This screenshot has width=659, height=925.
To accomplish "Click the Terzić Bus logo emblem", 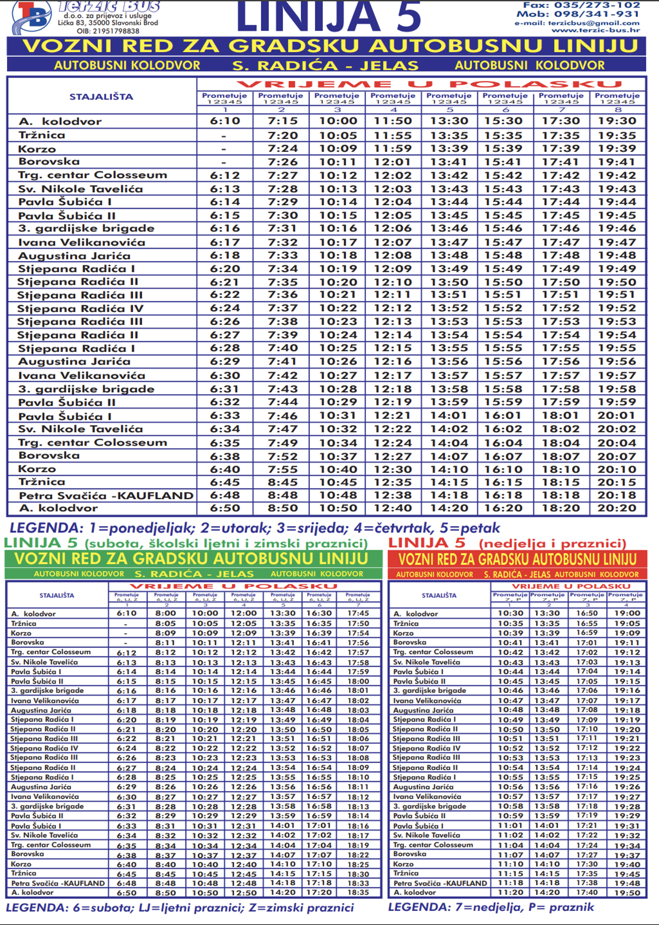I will click(x=31, y=17).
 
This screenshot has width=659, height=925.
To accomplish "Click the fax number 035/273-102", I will click(x=597, y=5).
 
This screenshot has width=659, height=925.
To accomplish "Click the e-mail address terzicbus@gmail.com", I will click(x=594, y=23).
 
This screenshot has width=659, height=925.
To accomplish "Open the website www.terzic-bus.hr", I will click(x=595, y=30).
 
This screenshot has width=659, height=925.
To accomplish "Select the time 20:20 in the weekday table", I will click(x=616, y=508).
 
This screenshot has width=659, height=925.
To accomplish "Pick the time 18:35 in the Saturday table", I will click(x=358, y=892).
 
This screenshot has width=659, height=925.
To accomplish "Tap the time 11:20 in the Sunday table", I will click(x=510, y=892).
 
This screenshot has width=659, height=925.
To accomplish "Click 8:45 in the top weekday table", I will click(x=282, y=482).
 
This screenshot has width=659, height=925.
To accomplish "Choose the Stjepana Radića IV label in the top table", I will click(x=80, y=309).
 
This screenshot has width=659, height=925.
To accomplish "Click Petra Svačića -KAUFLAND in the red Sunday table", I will click(x=440, y=883).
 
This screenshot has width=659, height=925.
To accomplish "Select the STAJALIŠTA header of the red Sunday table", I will click(x=439, y=595).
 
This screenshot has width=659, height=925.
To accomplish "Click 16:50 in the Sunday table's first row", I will click(x=587, y=613).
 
